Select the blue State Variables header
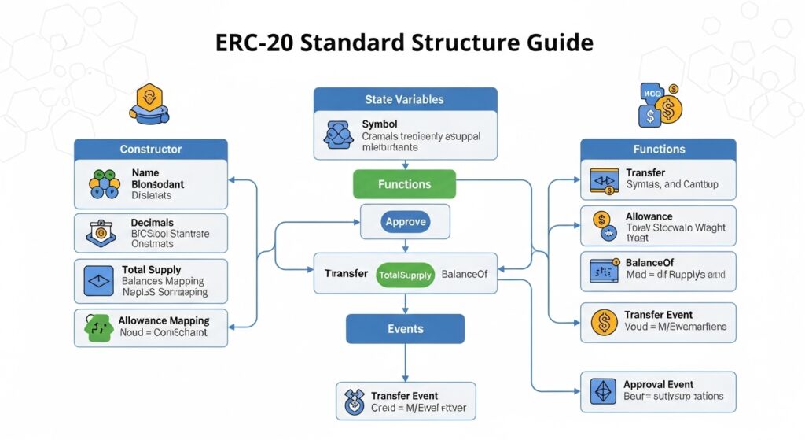point(405,100)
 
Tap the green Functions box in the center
point(405,184)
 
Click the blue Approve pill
point(406,222)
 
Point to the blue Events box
point(405,329)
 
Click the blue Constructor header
point(151,149)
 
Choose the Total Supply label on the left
point(151,269)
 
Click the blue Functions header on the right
point(659,149)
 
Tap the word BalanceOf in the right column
point(650,262)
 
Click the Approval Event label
point(659,384)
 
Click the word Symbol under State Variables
point(380,124)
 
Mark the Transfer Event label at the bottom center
point(404,396)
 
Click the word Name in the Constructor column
point(145,172)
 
